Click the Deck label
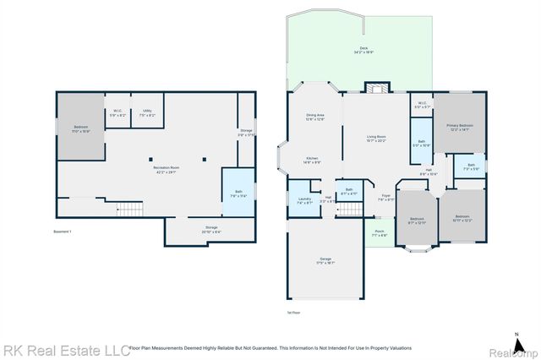click(x=364, y=50)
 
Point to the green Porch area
click(x=380, y=234)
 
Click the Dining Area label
click(x=314, y=117)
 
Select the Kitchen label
click(x=311, y=160)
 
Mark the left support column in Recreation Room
click(x=150, y=158)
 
